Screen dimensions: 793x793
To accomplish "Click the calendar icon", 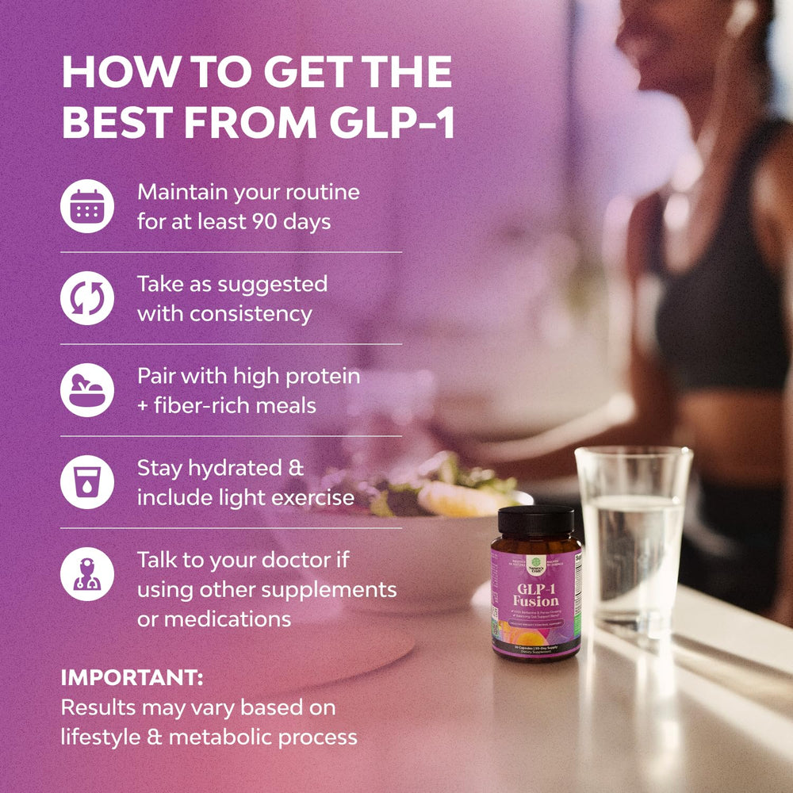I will tap(87, 205).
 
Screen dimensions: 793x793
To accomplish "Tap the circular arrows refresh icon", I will tap(87, 298).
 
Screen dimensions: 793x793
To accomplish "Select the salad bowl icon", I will tap(87, 390).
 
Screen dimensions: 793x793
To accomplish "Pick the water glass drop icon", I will tap(87, 482).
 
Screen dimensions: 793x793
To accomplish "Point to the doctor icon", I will tap(87, 574).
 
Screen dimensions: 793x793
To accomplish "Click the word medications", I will tap(214, 619).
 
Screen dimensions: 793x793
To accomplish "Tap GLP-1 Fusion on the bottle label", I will tap(536, 593).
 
